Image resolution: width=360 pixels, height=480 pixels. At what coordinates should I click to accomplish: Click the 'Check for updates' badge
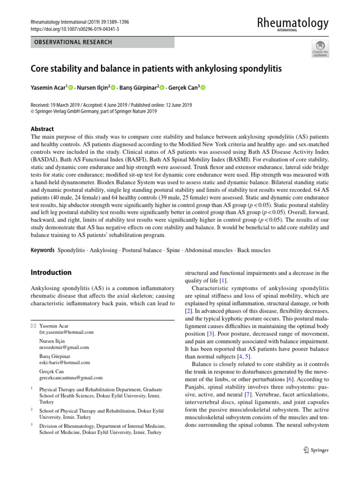click(320, 49)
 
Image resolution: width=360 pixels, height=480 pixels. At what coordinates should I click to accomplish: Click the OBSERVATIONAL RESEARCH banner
click(71, 42)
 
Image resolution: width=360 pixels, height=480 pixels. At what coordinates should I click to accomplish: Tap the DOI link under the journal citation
click(75, 29)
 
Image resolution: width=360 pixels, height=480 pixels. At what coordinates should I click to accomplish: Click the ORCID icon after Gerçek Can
click(203, 87)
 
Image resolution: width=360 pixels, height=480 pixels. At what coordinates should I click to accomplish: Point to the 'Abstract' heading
click(42, 129)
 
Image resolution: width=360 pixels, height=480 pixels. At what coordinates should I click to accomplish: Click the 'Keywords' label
click(43, 250)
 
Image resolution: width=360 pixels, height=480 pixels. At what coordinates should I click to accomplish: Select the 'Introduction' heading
click(51, 272)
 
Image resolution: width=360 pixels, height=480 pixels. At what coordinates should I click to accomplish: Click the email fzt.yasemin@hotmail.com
click(66, 332)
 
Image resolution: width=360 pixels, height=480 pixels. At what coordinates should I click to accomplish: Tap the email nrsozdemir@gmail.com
click(64, 347)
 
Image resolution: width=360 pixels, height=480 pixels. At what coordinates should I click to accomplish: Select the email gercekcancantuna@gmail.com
click(71, 377)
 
